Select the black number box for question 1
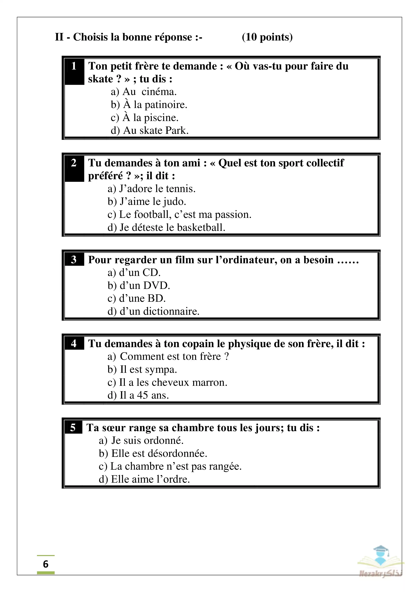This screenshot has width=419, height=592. (74, 71)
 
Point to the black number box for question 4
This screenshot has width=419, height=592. (74, 343)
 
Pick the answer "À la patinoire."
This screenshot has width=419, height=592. (149, 105)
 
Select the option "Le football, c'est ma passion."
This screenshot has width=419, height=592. (179, 214)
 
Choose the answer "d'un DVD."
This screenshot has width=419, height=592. (139, 285)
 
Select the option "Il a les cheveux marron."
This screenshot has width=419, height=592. (167, 382)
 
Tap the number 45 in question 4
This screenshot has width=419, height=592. (142, 395)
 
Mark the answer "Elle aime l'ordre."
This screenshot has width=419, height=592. (145, 479)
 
